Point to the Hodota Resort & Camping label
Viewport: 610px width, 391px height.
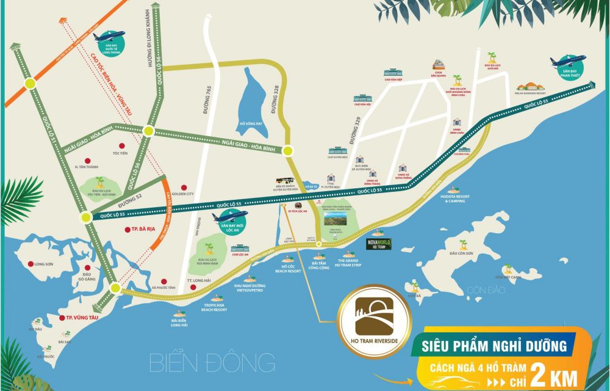[x=460, y=198]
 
